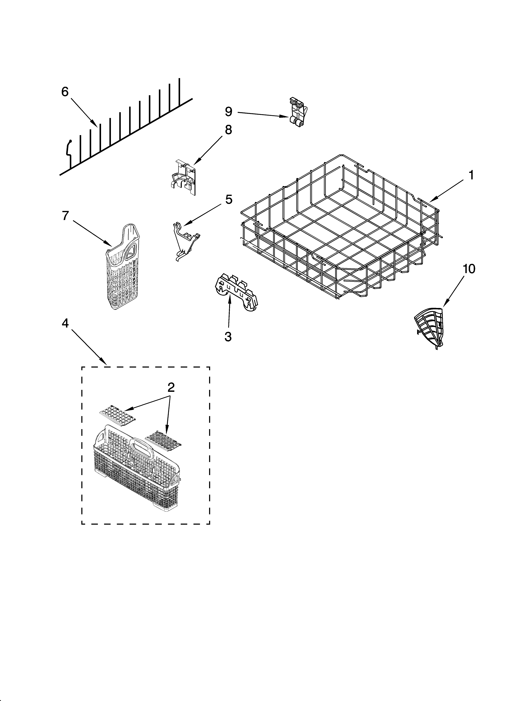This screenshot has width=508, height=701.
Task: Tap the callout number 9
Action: click(228, 112)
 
